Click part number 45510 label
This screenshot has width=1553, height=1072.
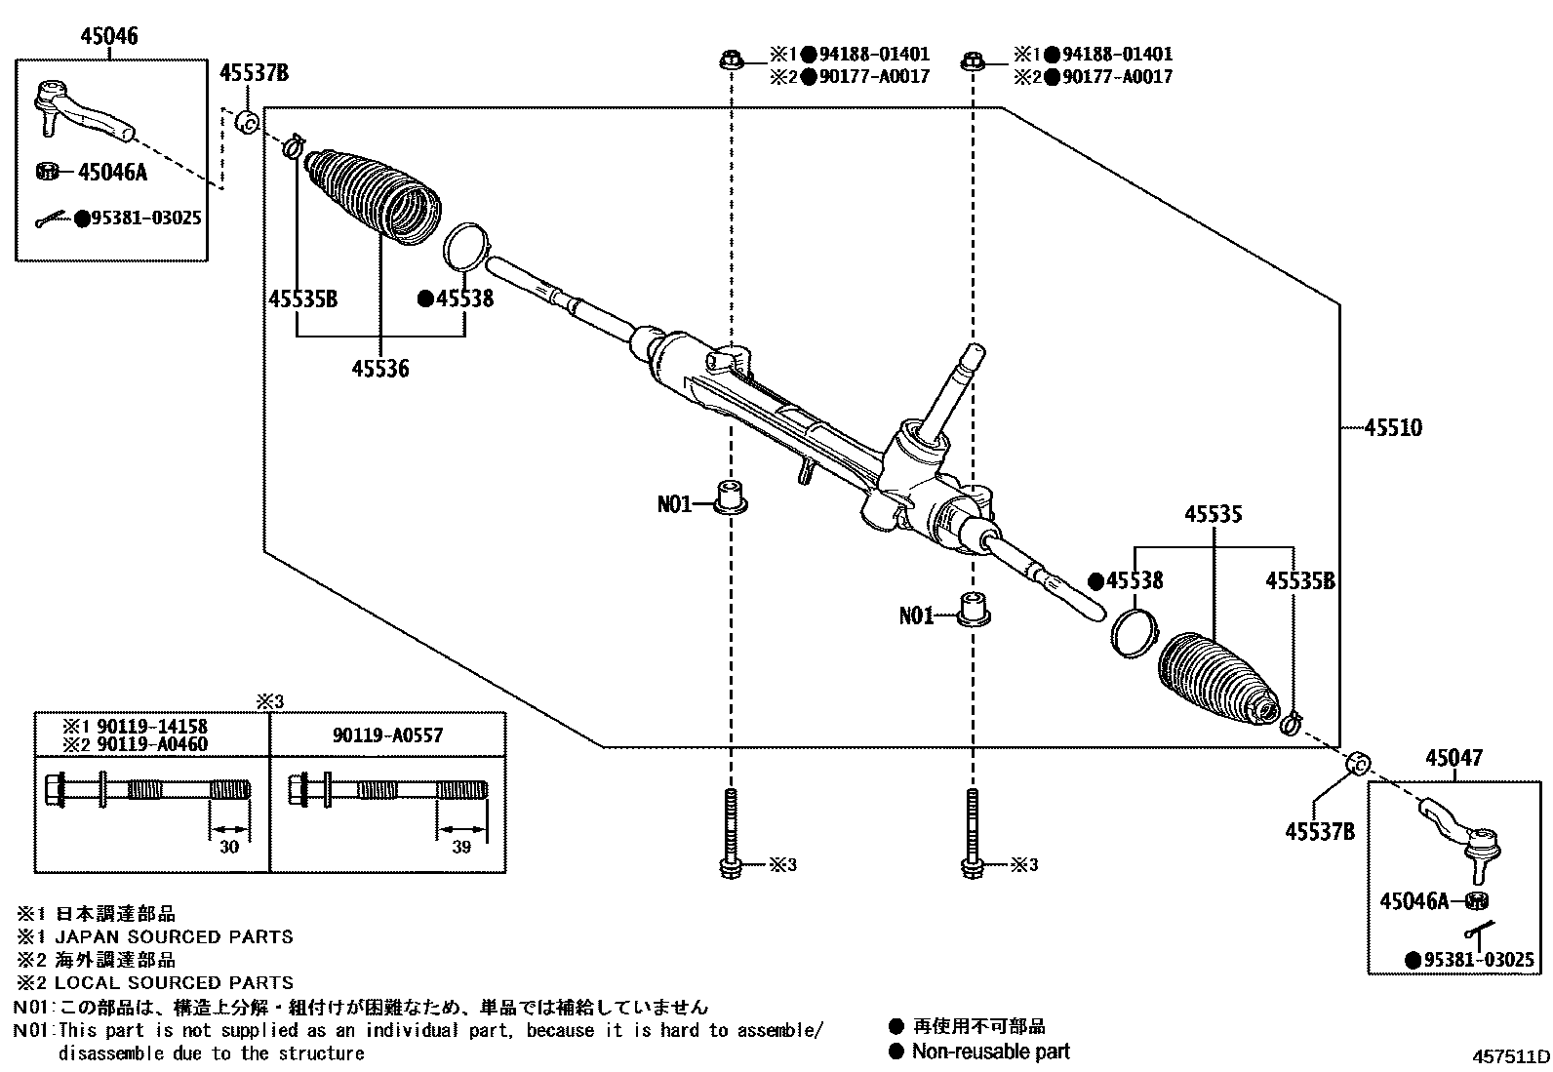point(1392,427)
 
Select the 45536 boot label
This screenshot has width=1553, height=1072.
point(380,369)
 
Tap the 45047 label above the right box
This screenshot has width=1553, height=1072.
point(1453,758)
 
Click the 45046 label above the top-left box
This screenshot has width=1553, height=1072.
point(108,37)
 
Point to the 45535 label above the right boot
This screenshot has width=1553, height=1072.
point(1214,514)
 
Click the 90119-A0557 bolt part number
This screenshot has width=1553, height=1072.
point(387,735)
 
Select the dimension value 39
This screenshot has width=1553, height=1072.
point(461,847)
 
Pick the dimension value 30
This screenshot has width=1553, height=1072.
point(228,847)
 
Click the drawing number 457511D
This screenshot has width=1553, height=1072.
point(1511,1056)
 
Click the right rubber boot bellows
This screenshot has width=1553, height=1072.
point(1215,681)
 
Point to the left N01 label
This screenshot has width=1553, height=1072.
point(674,504)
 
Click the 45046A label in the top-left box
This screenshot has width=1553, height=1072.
point(112,173)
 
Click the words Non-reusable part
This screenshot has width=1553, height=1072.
point(990,1052)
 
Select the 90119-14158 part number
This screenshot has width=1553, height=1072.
point(148,727)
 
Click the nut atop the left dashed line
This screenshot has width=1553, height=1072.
point(729,60)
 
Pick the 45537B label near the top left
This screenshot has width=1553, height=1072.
point(254,73)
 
